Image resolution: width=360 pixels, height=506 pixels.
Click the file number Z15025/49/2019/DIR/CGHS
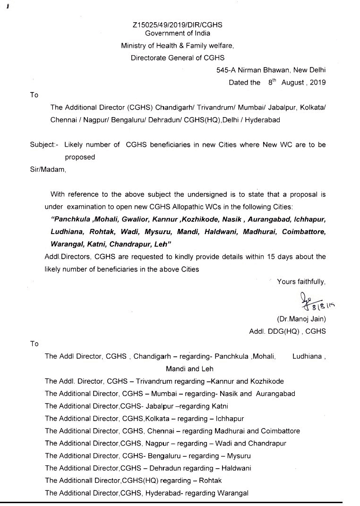pyautogui.click(x=177, y=25)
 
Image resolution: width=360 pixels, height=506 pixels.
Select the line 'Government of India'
pyautogui.click(x=177, y=33)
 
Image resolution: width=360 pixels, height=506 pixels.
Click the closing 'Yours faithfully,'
pyautogui.click(x=301, y=281)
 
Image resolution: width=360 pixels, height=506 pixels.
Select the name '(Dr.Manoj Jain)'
pyautogui.click(x=301, y=319)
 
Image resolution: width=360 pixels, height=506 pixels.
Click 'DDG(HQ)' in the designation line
pyautogui.click(x=284, y=331)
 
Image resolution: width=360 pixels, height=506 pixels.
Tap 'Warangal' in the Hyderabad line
pyautogui.click(x=233, y=493)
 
